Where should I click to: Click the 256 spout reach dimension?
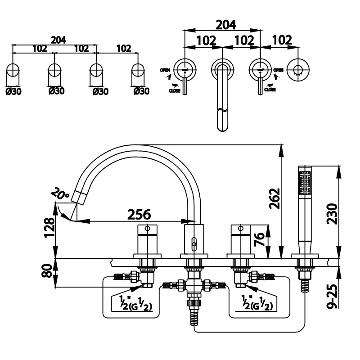pos(139,215)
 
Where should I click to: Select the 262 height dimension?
pos(275,198)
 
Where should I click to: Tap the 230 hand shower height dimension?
pos(332,213)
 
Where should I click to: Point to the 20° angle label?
pos(60,193)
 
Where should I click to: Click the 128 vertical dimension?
pos(49,228)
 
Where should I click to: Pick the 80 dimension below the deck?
pos(48,271)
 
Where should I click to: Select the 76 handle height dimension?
pos(260,239)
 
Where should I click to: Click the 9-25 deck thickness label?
pos(332,296)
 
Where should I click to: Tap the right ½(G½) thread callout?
pos(257,303)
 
